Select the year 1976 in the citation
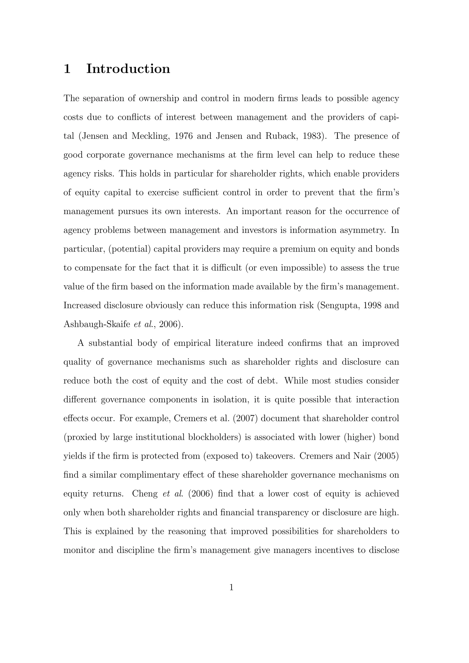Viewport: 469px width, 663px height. (183, 136)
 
